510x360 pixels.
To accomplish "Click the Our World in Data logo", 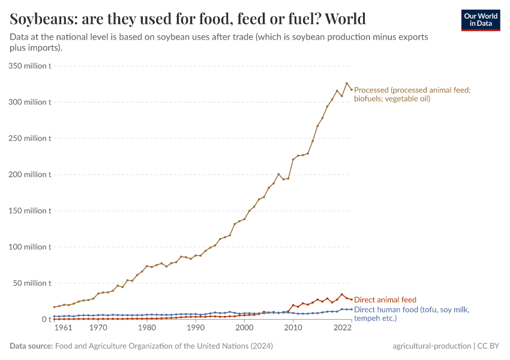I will pyautogui.click(x=480, y=20).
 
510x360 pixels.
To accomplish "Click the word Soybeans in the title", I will pyautogui.click(x=46, y=19).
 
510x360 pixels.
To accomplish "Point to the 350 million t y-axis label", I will pyautogui.click(x=29, y=66).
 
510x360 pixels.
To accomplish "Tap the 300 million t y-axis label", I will pyautogui.click(x=29, y=102).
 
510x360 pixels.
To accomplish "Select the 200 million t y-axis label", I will pyautogui.click(x=29, y=175).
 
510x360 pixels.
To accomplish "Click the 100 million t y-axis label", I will pyautogui.click(x=29, y=247).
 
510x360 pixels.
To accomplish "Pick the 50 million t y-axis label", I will pyautogui.click(x=31, y=283).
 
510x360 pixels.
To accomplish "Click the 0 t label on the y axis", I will pyautogui.click(x=45, y=319).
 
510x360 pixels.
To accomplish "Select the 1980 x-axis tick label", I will pyautogui.click(x=147, y=329).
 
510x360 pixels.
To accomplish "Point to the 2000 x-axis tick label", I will pyautogui.click(x=244, y=329).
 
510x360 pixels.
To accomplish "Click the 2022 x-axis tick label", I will pyautogui.click(x=342, y=329).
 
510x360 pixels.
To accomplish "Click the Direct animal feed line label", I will pyautogui.click(x=385, y=299).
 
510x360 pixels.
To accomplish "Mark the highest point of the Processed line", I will pyautogui.click(x=347, y=83).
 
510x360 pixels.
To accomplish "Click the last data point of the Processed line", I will pyautogui.click(x=352, y=90).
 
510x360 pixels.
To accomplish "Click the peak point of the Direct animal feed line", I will pyautogui.click(x=342, y=295).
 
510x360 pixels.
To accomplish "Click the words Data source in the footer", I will pyautogui.click(x=31, y=346).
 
